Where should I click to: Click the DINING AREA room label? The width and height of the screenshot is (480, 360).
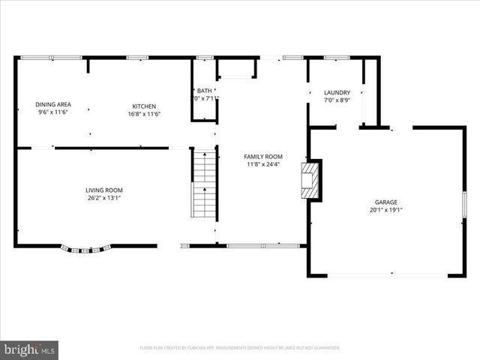coord(53,104)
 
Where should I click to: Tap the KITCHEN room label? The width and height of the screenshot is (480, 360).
coord(144,106)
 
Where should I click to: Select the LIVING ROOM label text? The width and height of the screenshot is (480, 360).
coord(103,190)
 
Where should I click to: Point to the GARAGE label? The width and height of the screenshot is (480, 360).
coord(386,202)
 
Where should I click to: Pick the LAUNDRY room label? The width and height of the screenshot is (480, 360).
coord(337,93)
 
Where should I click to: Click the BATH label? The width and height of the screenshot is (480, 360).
coord(205,90)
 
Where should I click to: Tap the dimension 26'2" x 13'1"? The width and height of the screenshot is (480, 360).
coord(103,199)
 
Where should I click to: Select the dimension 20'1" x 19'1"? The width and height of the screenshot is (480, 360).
coord(386,211)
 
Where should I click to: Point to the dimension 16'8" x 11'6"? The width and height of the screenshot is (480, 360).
coord(144,114)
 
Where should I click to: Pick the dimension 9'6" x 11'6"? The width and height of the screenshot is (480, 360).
coord(53,112)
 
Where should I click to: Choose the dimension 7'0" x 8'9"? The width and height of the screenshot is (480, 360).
coord(337,100)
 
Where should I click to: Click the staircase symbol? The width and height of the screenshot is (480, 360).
coord(204,183)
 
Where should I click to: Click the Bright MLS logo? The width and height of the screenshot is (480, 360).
coord(29,349)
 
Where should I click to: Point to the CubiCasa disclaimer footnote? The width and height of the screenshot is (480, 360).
coord(240,348)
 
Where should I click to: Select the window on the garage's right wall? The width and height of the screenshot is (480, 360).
coord(464,204)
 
